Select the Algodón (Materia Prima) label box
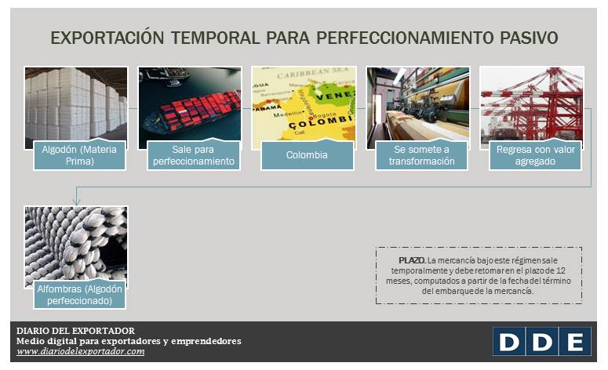pos(78,154)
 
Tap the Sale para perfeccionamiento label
pos(193,154)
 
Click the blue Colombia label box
pos(307,155)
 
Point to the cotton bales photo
pos(75,102)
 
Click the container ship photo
pos(190,102)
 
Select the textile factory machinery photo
pos(418,102)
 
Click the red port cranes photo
pos(532,102)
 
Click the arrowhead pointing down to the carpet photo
pos(76,201)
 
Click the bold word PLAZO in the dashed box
pos(412,259)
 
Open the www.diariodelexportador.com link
pos(80,352)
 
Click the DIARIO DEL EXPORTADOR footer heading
pos(75,330)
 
